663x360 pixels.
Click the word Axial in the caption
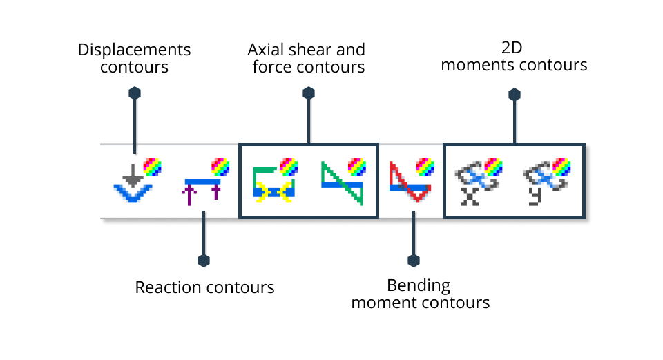(264, 50)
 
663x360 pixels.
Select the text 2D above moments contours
(514, 49)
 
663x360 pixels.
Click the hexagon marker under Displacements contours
(135, 93)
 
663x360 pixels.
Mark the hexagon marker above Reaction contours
(204, 260)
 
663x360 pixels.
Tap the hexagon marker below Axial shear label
(309, 93)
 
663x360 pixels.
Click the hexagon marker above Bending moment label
(414, 260)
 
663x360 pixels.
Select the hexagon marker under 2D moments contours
(513, 93)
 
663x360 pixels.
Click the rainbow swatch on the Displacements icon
(152, 167)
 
